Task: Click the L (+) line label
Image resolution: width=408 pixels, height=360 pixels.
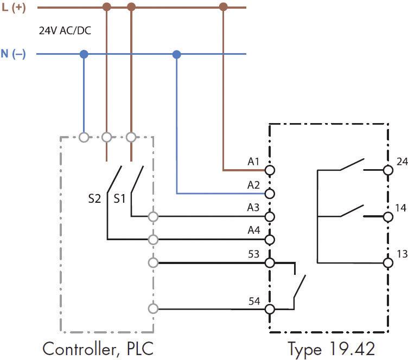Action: (14, 8)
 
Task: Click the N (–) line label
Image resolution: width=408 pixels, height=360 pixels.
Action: (13, 55)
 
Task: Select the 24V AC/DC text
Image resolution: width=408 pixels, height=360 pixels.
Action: (65, 31)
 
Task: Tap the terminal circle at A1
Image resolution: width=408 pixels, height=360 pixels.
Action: (270, 170)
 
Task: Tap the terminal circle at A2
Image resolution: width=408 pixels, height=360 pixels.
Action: (270, 194)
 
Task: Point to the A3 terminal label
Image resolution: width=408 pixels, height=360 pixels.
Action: (253, 208)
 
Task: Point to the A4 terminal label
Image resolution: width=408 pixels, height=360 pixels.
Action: (253, 230)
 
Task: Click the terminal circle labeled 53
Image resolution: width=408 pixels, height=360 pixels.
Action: (270, 263)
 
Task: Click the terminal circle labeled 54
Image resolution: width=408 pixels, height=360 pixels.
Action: (270, 310)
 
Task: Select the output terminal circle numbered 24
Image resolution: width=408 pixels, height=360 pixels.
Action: (387, 170)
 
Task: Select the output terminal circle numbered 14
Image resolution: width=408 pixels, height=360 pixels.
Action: (387, 217)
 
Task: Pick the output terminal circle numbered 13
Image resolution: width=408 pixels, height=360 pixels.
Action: (387, 263)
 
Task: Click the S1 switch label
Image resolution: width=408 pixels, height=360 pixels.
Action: (119, 198)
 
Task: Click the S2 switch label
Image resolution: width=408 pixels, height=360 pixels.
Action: (95, 198)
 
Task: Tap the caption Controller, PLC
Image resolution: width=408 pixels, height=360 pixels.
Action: (101, 348)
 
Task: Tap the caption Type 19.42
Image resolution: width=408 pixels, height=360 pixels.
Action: (331, 348)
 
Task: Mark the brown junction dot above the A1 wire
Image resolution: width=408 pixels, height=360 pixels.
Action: (223, 7)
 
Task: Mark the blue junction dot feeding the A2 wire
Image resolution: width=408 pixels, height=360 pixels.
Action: (176, 54)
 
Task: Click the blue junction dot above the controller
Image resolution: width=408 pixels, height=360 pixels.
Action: (84, 54)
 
